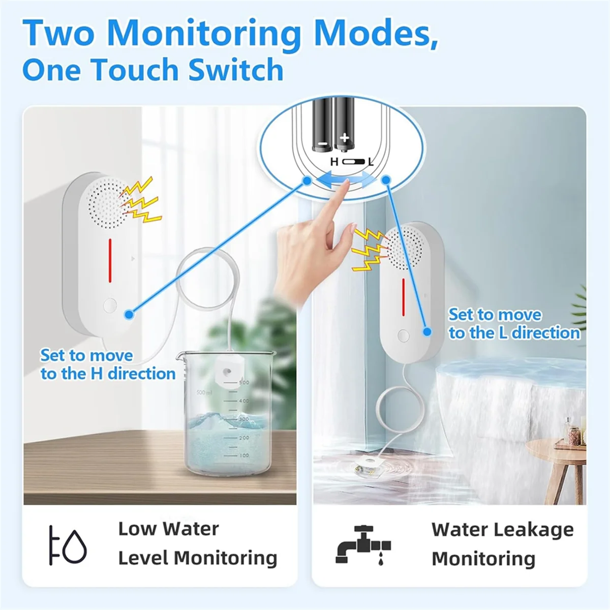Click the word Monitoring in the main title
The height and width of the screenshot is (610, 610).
click(x=204, y=33)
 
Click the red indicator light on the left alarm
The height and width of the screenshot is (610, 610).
click(x=109, y=260)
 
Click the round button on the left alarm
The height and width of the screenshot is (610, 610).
click(x=109, y=306)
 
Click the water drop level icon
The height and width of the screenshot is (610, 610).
click(x=68, y=545)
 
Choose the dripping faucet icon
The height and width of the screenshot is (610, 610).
click(x=363, y=545)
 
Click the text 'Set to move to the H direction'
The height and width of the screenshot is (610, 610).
click(x=108, y=364)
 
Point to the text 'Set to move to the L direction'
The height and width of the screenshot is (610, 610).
click(x=513, y=324)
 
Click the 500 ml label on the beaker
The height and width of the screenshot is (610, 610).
click(x=205, y=392)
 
